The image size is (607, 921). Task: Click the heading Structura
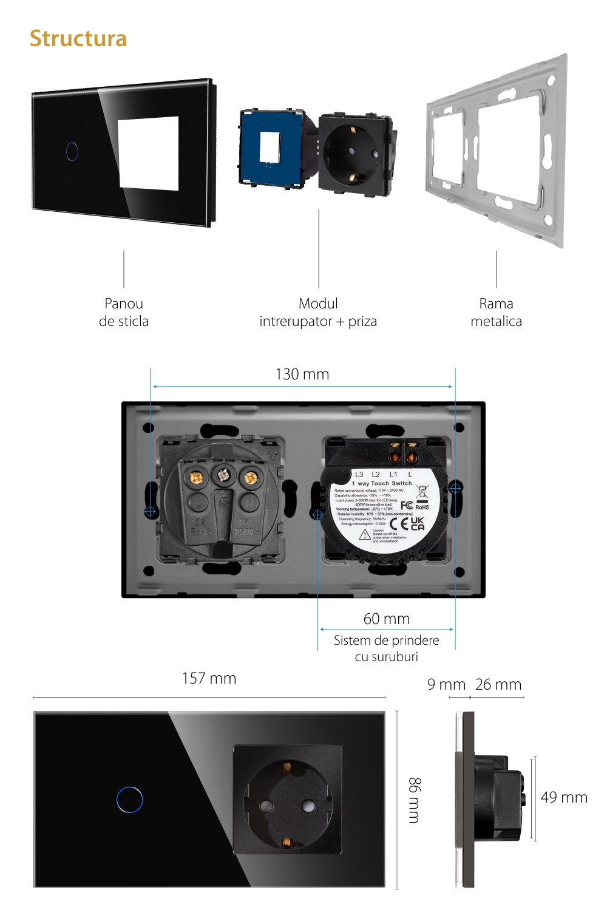tap(78, 38)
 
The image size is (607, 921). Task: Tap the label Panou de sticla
tap(124, 312)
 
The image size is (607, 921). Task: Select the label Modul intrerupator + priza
tap(318, 312)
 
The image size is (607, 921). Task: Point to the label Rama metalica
tap(496, 312)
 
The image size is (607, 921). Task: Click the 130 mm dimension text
tap(302, 374)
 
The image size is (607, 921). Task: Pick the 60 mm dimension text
tap(387, 619)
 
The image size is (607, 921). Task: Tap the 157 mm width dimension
tap(209, 678)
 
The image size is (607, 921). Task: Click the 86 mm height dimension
tap(414, 800)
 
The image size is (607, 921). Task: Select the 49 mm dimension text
tap(564, 797)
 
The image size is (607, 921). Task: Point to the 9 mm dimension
tap(446, 684)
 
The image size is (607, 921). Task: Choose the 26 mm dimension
tap(498, 684)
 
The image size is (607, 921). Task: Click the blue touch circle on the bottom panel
tap(130, 800)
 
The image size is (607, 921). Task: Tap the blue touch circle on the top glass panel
tap(72, 151)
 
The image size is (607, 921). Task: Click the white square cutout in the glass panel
tap(149, 153)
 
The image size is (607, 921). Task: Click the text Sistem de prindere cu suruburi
tap(387, 648)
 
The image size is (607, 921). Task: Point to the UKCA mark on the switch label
tap(418, 523)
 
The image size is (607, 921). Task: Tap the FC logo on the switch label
tap(407, 505)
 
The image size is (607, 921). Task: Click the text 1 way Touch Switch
tap(382, 483)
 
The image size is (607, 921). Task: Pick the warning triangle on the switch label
tap(364, 534)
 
